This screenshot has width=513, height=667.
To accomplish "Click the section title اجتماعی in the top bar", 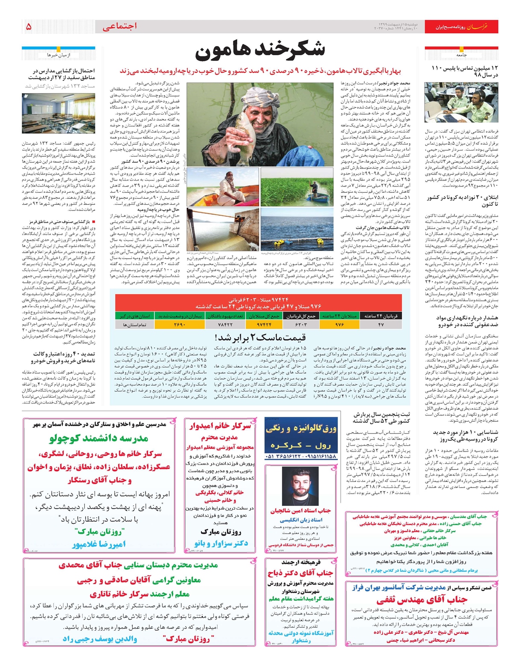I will pyautogui.click(x=120, y=27).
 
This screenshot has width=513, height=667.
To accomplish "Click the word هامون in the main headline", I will pyautogui.click(x=223, y=50).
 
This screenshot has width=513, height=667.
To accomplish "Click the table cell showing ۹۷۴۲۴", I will pyautogui.click(x=264, y=325).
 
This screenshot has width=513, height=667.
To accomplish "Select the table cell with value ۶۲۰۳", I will pyautogui.click(x=301, y=325).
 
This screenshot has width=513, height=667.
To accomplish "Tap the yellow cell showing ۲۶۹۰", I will pyautogui.click(x=180, y=325).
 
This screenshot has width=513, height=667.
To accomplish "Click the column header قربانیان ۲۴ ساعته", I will pyautogui.click(x=381, y=316).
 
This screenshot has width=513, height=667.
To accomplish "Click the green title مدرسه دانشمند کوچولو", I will pyautogui.click(x=99, y=438).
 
